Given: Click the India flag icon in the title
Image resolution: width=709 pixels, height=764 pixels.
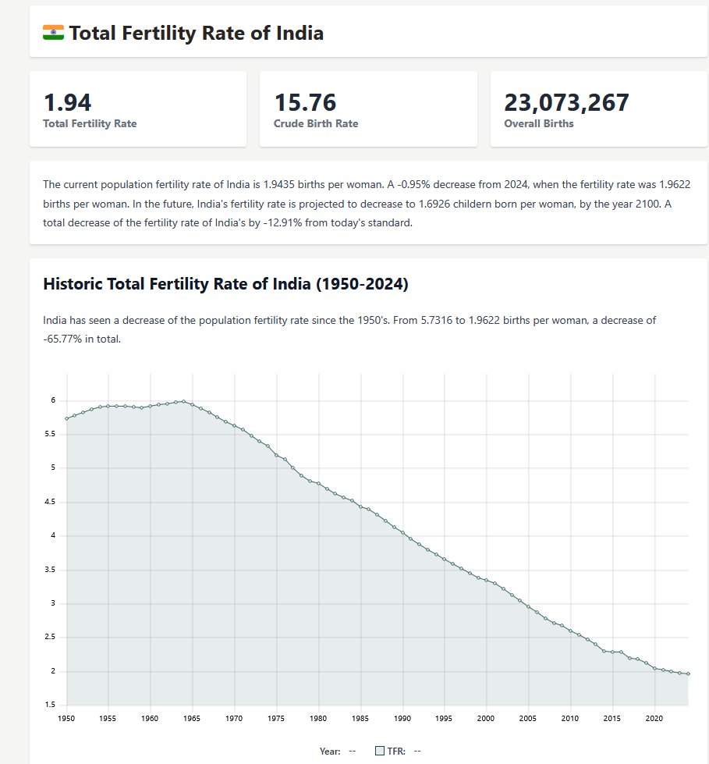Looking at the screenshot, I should pos(53,33).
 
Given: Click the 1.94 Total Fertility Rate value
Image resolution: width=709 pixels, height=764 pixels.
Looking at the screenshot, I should pos(68,102).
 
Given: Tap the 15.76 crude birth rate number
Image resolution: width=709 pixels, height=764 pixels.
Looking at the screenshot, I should pos(305,102).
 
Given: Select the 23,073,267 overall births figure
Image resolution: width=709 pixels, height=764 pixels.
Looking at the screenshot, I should pos(566,102).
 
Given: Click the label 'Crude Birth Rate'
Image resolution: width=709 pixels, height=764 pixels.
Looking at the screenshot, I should pos(316,123).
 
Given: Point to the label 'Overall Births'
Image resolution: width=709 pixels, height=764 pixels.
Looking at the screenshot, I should pos(538,123).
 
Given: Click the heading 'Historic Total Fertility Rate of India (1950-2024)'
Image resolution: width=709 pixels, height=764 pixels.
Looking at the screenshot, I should pos(225,284).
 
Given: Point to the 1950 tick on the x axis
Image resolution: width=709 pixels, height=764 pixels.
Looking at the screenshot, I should pos(66,718).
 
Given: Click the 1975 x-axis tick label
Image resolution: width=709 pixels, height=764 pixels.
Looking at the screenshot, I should pos(276,718).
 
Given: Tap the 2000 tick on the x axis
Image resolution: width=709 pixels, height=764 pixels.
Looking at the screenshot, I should pos(486,718).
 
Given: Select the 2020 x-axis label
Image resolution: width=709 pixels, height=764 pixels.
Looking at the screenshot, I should pos(654,718).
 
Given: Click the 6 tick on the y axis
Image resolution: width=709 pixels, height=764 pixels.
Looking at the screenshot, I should pos(54,400).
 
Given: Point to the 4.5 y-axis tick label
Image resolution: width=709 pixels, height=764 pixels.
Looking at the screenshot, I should pos(51,502).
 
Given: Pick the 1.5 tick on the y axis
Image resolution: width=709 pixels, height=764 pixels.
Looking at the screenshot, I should pos(51,705).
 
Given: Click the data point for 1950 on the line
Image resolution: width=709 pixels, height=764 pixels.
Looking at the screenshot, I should pos(67,418).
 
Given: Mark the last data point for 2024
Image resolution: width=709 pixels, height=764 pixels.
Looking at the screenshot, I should pos(688,673).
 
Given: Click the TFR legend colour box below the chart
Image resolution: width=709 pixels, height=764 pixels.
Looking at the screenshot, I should pos(380,751).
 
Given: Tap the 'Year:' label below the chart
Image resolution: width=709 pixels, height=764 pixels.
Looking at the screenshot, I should pos(330,751).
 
